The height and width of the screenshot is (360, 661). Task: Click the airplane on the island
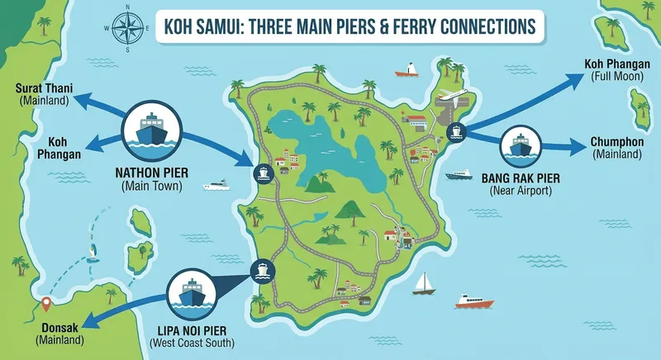(x=454, y=97)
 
